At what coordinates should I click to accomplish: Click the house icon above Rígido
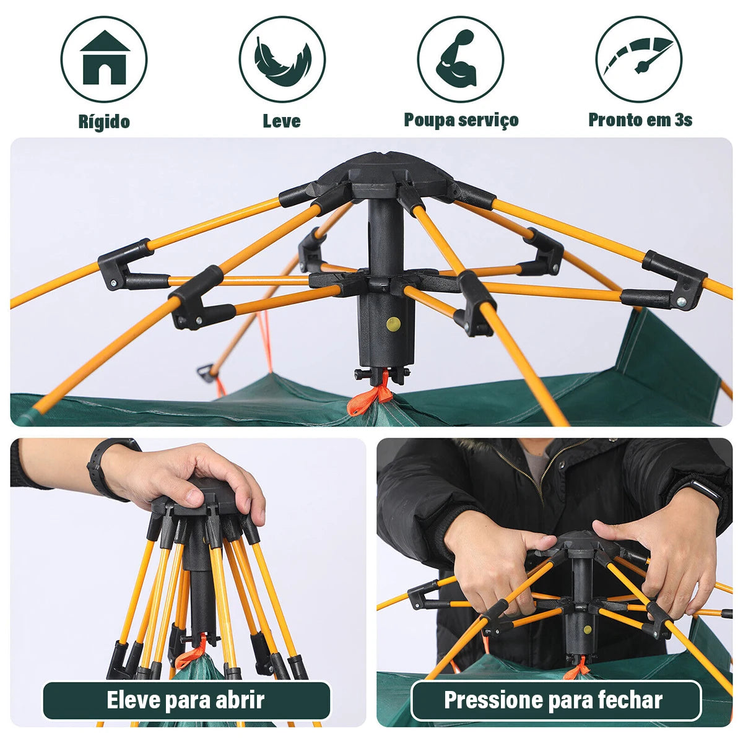point(104,59)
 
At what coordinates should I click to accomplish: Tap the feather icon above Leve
point(282,59)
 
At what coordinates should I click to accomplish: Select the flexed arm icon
point(460,59)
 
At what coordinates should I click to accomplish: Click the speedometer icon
point(638,59)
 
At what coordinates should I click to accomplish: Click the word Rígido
point(104,121)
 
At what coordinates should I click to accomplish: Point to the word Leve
point(282,121)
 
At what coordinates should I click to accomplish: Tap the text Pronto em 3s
point(640,120)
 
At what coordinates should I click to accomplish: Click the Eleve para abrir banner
point(186,700)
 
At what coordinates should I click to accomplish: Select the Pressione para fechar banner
point(554,700)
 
